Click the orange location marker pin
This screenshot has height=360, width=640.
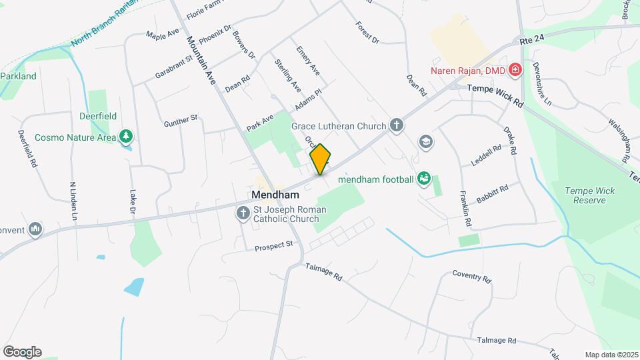click(321, 159)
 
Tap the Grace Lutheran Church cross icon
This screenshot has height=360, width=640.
click(397, 125)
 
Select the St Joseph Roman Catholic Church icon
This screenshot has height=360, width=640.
click(242, 213)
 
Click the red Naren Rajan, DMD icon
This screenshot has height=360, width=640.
click(514, 69)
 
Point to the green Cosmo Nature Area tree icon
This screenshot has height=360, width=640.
click(125, 137)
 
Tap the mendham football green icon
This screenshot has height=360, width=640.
click(423, 178)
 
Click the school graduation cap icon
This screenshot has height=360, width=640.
click(425, 141)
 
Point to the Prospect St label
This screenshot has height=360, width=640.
click(274, 246)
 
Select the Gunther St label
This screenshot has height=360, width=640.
click(181, 121)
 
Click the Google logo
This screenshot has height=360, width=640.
click(22, 352)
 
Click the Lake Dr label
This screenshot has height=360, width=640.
click(132, 203)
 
